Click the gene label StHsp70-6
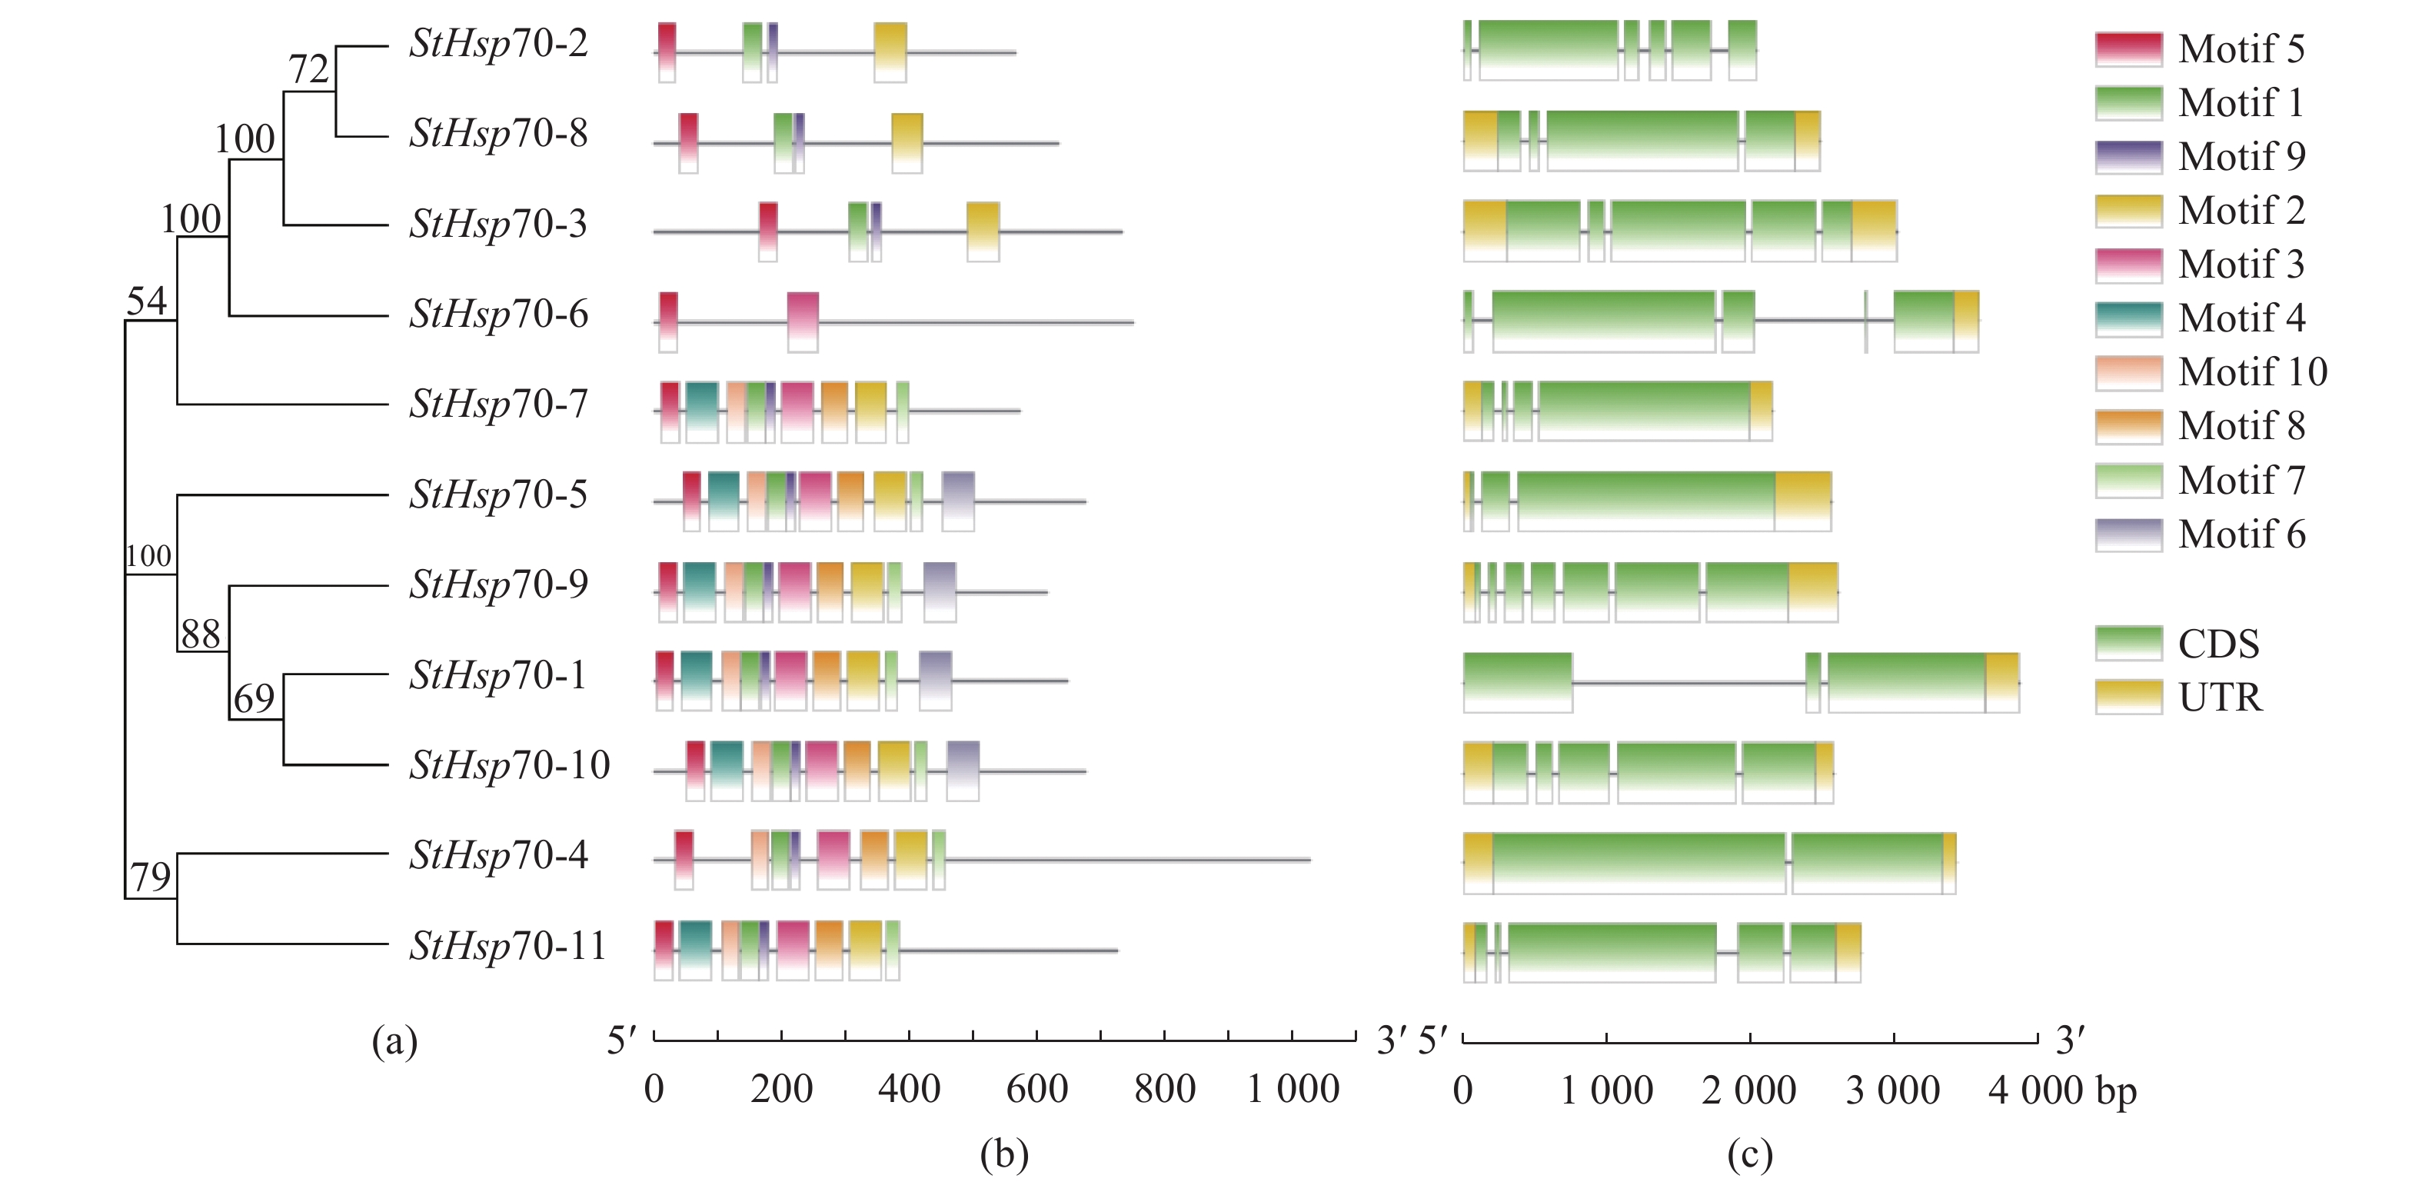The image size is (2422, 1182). tap(498, 314)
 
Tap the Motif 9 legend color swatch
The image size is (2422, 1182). tap(2128, 157)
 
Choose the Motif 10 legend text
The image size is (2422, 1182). tap(2253, 372)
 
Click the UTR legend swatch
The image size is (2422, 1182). tap(2128, 698)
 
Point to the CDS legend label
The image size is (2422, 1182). tap(2218, 644)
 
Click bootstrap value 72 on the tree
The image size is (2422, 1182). tap(308, 69)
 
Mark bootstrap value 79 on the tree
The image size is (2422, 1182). tap(151, 877)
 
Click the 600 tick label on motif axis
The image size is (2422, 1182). tap(1036, 1090)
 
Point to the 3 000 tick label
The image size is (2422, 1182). tap(1893, 1090)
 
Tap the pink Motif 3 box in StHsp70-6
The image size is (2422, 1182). tap(803, 321)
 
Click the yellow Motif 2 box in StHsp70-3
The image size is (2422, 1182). tap(983, 231)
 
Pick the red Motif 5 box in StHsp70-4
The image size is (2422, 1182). tap(684, 860)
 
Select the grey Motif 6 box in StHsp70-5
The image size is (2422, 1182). tap(958, 501)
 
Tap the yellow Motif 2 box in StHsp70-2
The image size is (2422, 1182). tap(890, 52)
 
